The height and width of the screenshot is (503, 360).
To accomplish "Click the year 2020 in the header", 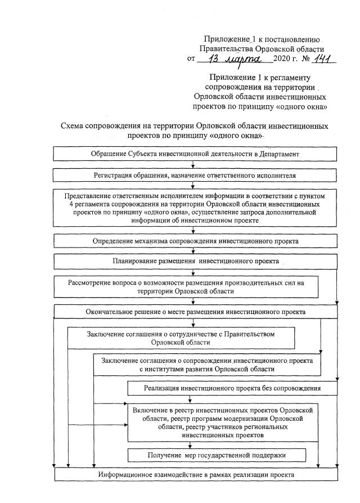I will pos(282,60).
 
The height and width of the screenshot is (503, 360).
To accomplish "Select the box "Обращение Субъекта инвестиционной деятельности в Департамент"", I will pos(194,154).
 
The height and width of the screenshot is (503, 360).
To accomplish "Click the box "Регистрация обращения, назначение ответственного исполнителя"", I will pos(194,175).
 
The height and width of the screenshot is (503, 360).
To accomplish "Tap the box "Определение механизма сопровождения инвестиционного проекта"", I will pos(194,241).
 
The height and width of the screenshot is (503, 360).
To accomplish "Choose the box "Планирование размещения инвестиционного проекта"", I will pos(194,262).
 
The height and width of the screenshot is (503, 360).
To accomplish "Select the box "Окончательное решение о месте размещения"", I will pos(194,311).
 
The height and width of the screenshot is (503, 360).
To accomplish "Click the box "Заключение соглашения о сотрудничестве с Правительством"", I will pos(181,338).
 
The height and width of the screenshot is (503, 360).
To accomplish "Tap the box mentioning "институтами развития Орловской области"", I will pos(207,365).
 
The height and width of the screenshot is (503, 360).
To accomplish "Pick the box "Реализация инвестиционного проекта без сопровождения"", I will pos(232,388).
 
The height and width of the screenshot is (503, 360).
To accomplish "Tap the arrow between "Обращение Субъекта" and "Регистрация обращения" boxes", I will pos(193,164).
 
